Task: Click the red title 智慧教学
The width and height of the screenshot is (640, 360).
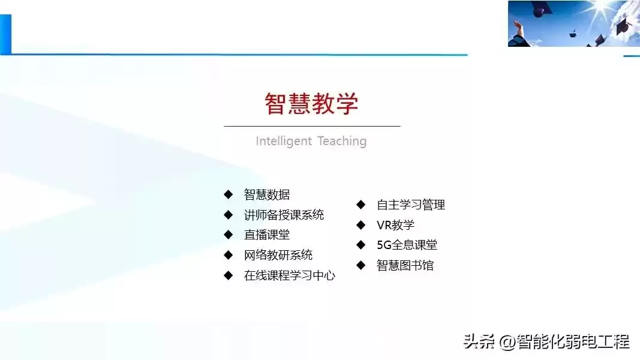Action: pyautogui.click(x=311, y=104)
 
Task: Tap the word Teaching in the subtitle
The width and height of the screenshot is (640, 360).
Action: pyautogui.click(x=342, y=141)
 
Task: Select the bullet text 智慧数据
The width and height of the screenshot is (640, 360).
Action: pyautogui.click(x=267, y=194)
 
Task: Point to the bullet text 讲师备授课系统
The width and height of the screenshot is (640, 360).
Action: pyautogui.click(x=284, y=215)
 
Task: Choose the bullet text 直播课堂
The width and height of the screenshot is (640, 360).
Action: pyautogui.click(x=267, y=235)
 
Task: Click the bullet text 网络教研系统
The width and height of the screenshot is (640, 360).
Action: pyautogui.click(x=278, y=255)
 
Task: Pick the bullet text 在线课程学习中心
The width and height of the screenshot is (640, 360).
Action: pyautogui.click(x=290, y=275)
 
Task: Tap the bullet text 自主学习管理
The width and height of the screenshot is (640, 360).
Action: pyautogui.click(x=411, y=205)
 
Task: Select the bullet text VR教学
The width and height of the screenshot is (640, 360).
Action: pyautogui.click(x=395, y=225)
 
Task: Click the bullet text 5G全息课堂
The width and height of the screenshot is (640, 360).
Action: pyautogui.click(x=407, y=245)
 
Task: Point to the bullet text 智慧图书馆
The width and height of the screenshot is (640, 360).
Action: pyautogui.click(x=405, y=265)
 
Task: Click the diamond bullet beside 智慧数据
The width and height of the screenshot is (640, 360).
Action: pyautogui.click(x=228, y=194)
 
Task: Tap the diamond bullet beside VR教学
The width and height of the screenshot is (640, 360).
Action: pyautogui.click(x=360, y=225)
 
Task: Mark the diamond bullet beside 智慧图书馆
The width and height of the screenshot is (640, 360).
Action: pyautogui.click(x=360, y=265)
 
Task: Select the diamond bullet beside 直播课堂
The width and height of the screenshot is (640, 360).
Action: pyautogui.click(x=228, y=235)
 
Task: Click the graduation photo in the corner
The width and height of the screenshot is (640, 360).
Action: pyautogui.click(x=573, y=23)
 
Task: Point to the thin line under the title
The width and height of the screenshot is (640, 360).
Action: pyautogui.click(x=312, y=127)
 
